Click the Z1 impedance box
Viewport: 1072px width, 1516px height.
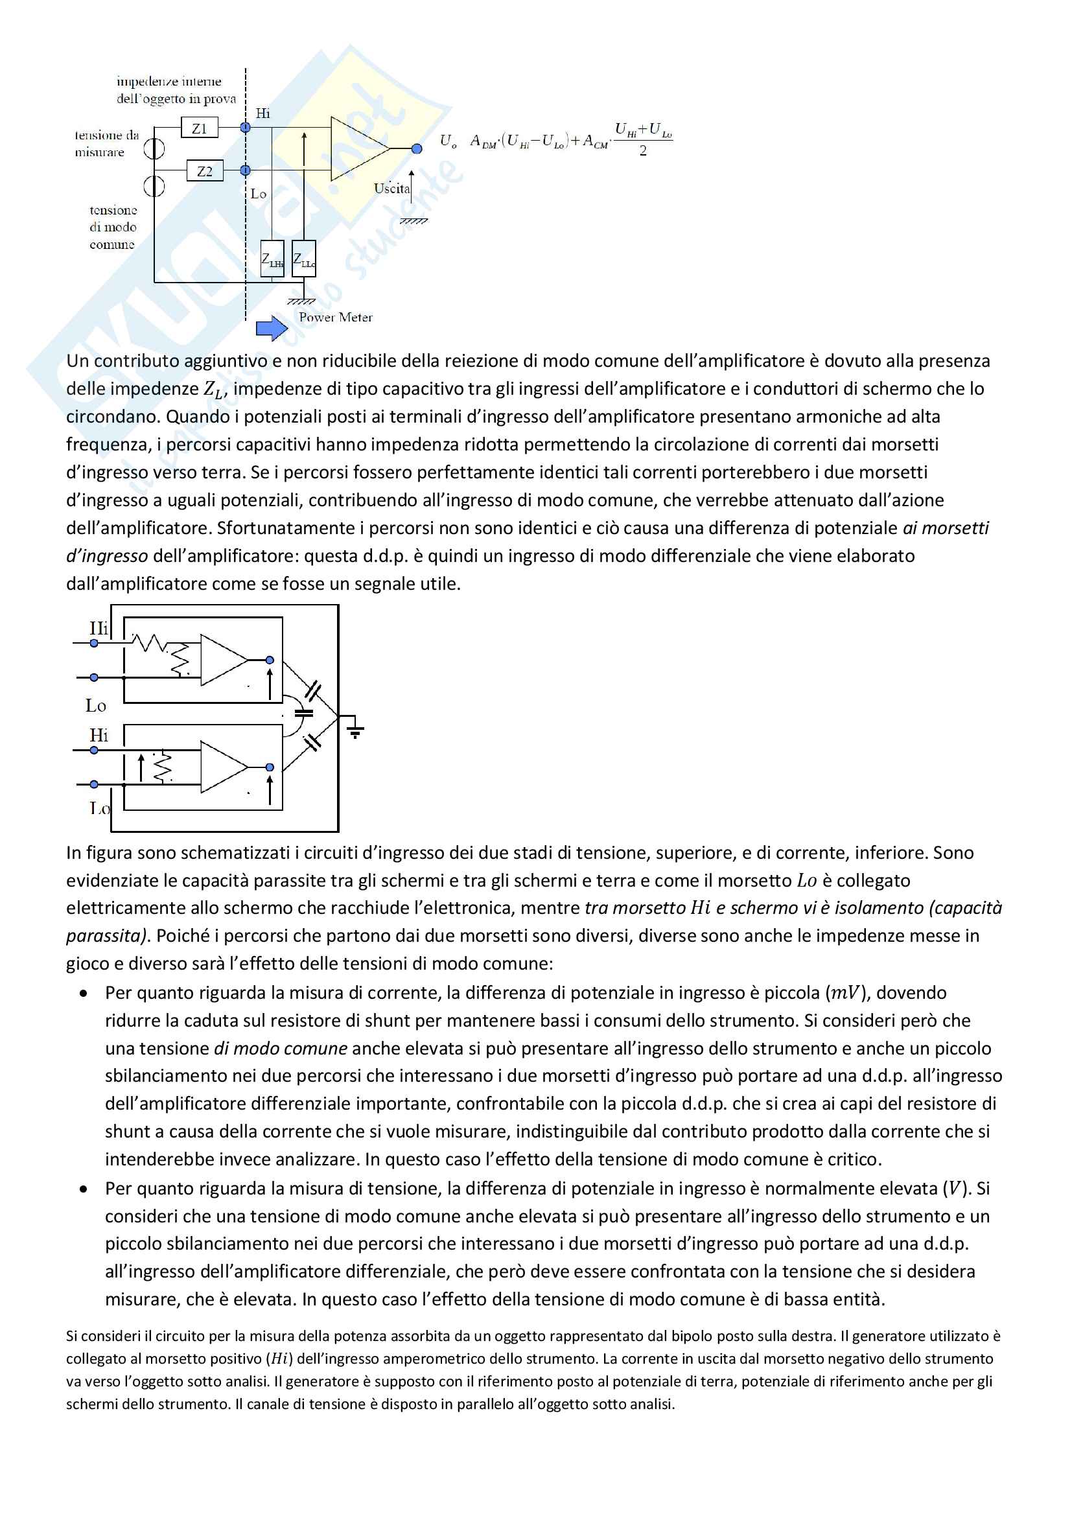pos(200,128)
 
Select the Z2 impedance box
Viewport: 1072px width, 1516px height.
pos(205,171)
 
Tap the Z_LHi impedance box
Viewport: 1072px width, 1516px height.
pos(273,259)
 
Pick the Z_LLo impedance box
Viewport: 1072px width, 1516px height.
pos(303,259)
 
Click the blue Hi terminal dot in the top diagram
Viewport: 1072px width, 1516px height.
pos(246,128)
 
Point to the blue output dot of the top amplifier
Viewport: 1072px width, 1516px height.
pos(417,148)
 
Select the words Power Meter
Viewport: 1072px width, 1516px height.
pos(335,318)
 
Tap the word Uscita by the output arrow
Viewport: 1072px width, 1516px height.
pos(391,188)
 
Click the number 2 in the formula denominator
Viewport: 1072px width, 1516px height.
pos(643,151)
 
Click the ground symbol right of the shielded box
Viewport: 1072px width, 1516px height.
pos(355,729)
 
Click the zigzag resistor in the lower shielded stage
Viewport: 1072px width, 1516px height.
pos(163,767)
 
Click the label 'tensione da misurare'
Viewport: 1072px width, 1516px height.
pos(106,143)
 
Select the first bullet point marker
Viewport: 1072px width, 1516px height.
pos(83,994)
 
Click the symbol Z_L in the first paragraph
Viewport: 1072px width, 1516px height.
pos(213,390)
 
